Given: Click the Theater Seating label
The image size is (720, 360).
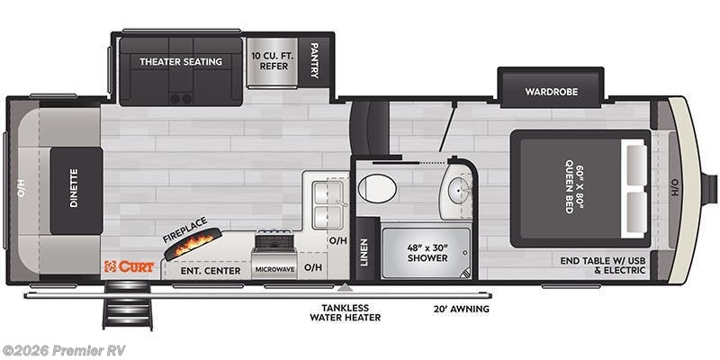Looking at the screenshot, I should click(180, 61).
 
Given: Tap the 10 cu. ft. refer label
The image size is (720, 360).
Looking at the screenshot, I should click(267, 60).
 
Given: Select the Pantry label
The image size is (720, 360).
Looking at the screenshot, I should click(314, 61).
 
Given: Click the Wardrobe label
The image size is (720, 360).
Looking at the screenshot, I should click(551, 91).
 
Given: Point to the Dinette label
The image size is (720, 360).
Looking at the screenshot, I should click(74, 190).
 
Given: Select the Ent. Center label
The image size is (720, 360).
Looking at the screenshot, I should click(211, 270).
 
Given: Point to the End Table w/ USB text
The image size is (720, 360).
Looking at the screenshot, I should click(601, 261).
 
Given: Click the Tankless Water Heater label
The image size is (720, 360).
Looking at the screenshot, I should click(345, 311).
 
